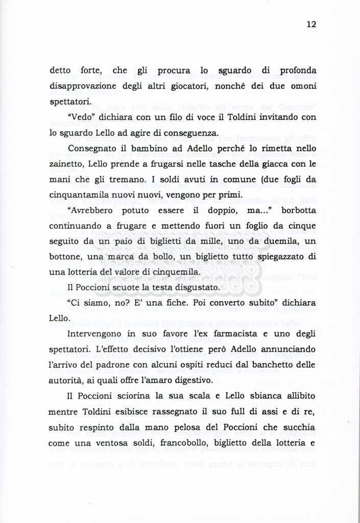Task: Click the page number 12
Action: (x=312, y=24)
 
